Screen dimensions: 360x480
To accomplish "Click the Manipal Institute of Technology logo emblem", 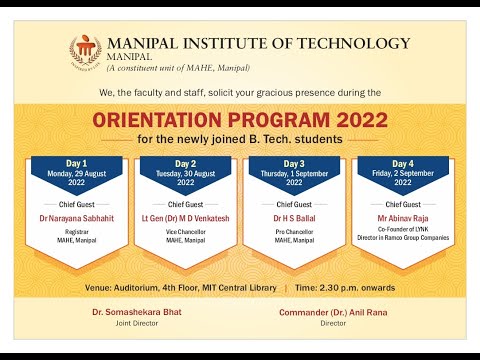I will click(x=85, y=51).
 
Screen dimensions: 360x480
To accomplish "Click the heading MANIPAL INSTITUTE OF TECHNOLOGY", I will click(x=258, y=43).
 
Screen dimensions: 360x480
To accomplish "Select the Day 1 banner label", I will click(x=77, y=163).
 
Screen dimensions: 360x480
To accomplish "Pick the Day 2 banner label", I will click(x=185, y=163).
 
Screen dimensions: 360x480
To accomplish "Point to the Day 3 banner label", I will click(x=294, y=163).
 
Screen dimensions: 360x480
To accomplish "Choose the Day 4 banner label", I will click(x=402, y=163).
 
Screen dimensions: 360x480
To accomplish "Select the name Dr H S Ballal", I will click(x=294, y=217).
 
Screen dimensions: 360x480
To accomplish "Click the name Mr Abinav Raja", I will click(x=402, y=217).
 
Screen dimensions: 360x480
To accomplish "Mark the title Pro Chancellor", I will click(x=294, y=232).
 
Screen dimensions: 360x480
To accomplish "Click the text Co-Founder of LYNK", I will click(x=402, y=232).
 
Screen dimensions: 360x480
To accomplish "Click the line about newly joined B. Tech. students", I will click(x=240, y=138).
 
